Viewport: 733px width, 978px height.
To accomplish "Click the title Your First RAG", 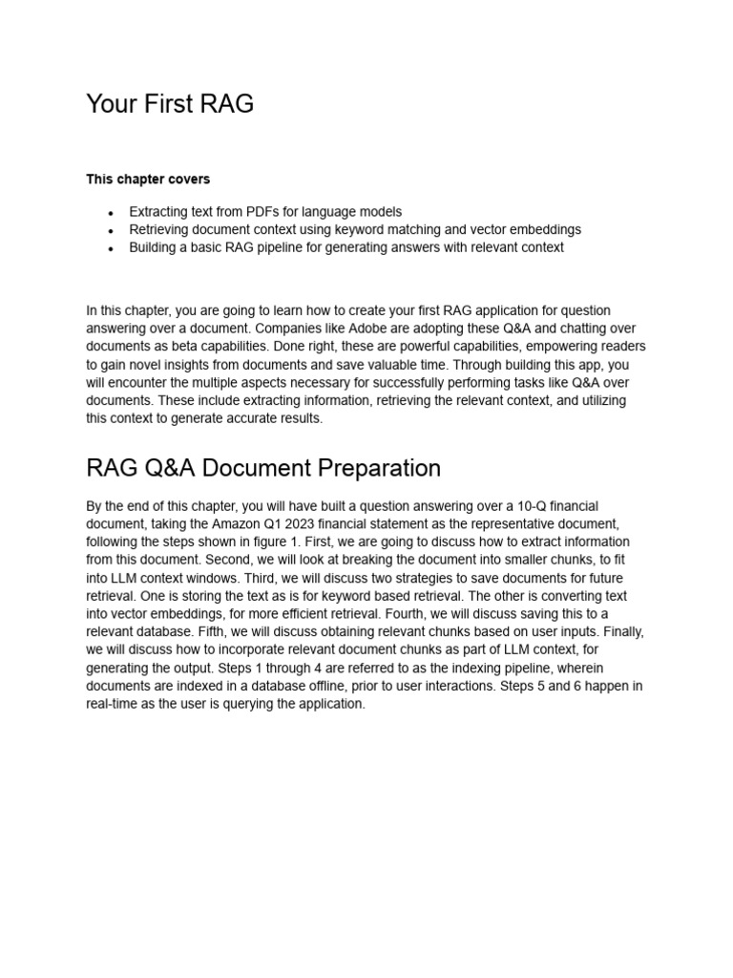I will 170,104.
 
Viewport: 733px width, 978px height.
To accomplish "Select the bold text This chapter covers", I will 148,179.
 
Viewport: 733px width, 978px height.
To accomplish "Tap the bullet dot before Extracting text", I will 112,213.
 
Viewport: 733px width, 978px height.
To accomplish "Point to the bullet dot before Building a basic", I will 112,248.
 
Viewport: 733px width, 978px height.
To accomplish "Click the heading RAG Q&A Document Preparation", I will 263,468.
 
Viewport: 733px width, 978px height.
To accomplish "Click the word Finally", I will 620,631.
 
